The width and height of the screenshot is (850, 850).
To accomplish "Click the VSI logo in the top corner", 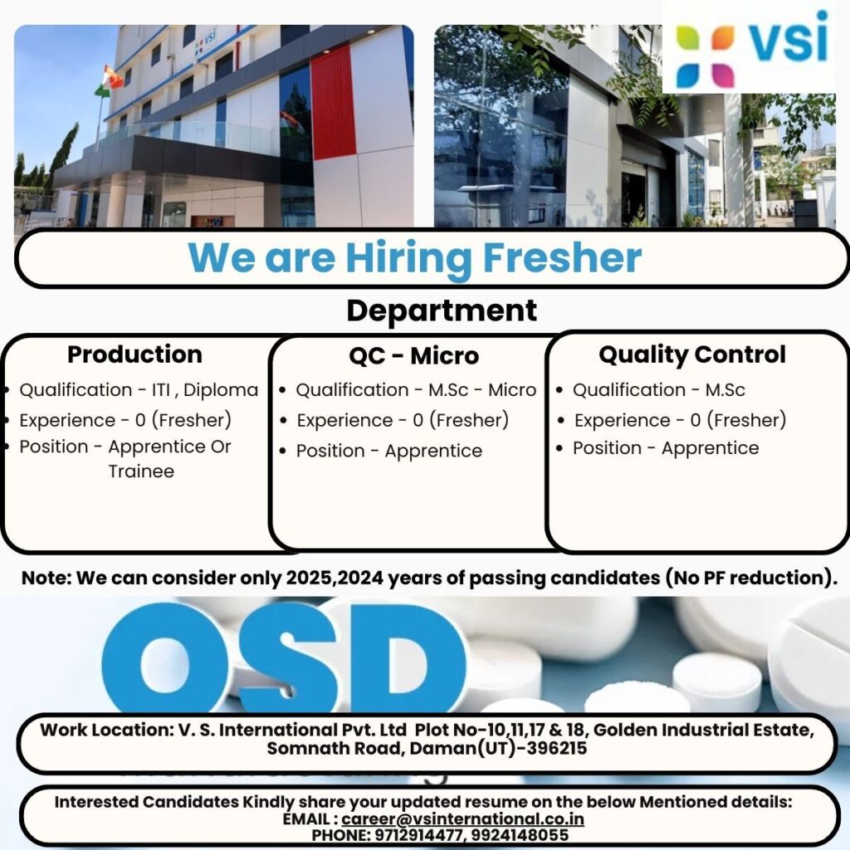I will pyautogui.click(x=751, y=46).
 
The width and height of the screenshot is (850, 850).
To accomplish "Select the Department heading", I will pyautogui.click(x=442, y=310).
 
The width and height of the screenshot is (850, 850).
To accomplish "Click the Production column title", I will pyautogui.click(x=134, y=354).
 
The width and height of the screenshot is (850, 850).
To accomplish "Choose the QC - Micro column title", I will pyautogui.click(x=413, y=356).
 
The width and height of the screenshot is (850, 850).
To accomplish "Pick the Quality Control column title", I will pyautogui.click(x=692, y=354).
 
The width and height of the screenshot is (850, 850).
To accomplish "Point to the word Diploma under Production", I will pyautogui.click(x=226, y=390).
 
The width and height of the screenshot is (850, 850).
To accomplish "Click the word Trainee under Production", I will pyautogui.click(x=141, y=471).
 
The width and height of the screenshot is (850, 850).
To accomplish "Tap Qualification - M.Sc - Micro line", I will pyautogui.click(x=416, y=390).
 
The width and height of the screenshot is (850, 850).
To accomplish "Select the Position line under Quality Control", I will pyautogui.click(x=666, y=448).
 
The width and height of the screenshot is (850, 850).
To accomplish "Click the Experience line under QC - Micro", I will pyautogui.click(x=403, y=421).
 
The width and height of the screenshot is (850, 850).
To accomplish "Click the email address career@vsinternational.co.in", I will pyautogui.click(x=463, y=819).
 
